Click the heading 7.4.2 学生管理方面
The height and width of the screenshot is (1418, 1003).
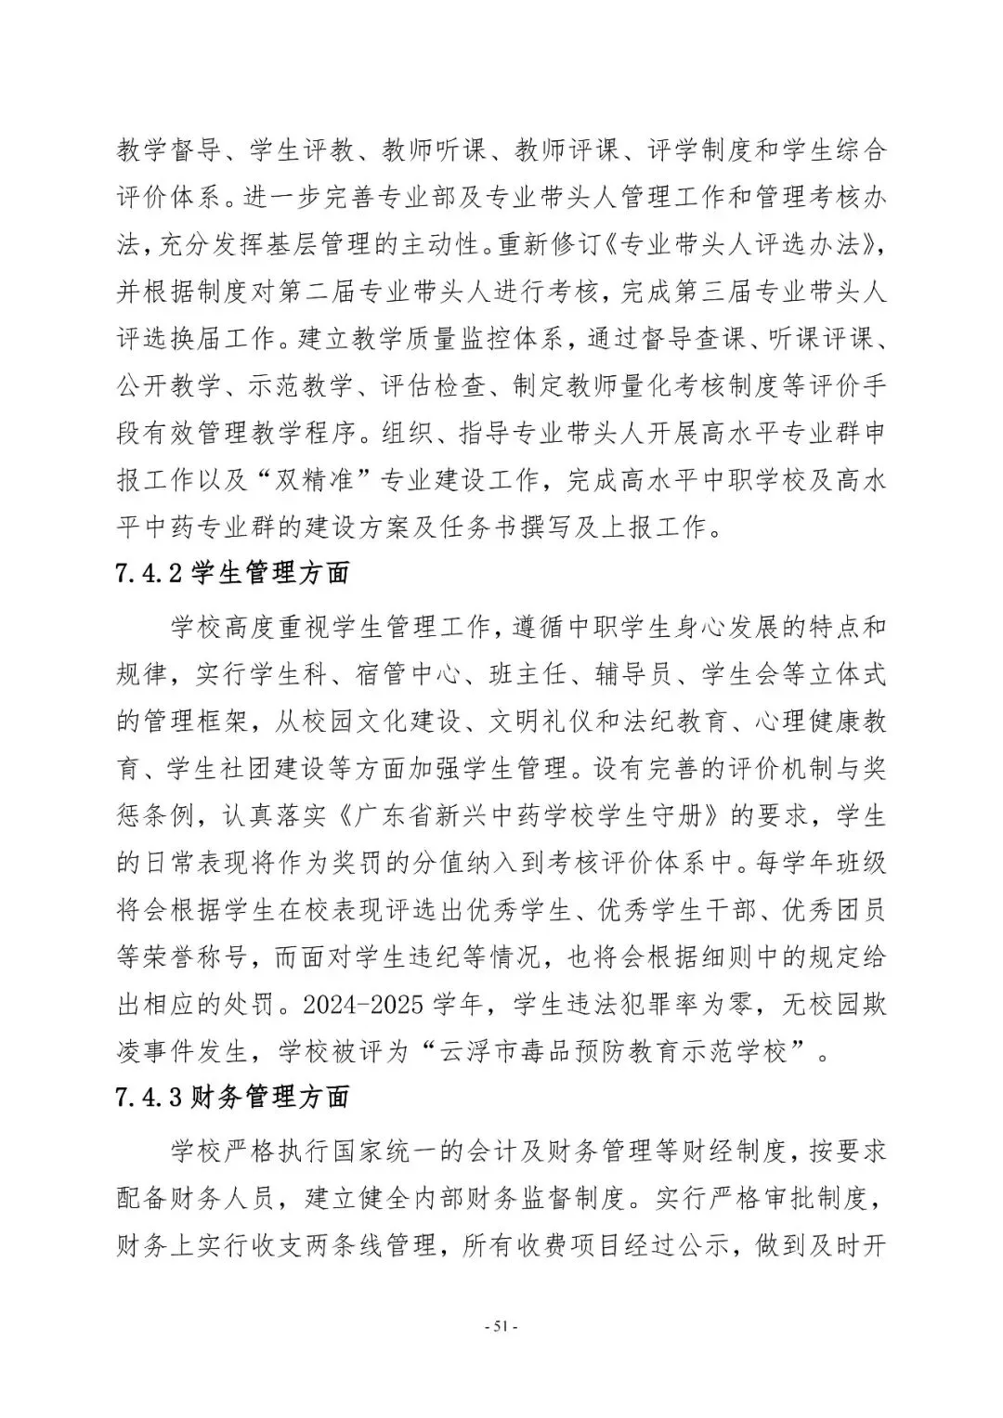click(x=233, y=573)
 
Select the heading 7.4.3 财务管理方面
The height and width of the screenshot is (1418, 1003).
click(x=233, y=1097)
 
